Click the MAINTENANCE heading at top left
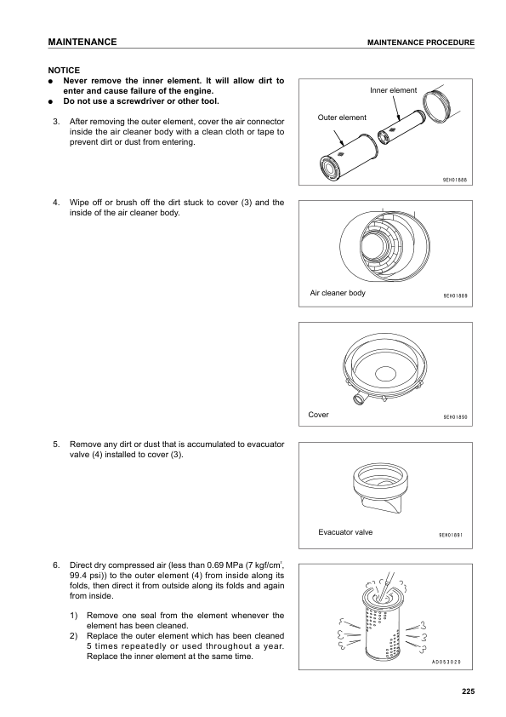click(82, 42)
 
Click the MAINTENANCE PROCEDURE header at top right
click(420, 43)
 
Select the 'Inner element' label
click(393, 90)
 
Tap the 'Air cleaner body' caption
click(338, 293)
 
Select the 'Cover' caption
click(319, 415)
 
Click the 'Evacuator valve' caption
click(345, 532)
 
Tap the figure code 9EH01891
click(452, 535)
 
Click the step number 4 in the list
click(56, 202)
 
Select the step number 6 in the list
click(56, 564)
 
